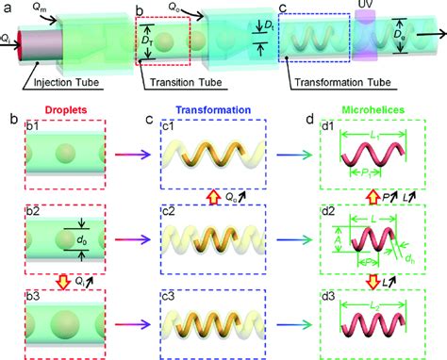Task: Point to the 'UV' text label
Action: click(x=365, y=6)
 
